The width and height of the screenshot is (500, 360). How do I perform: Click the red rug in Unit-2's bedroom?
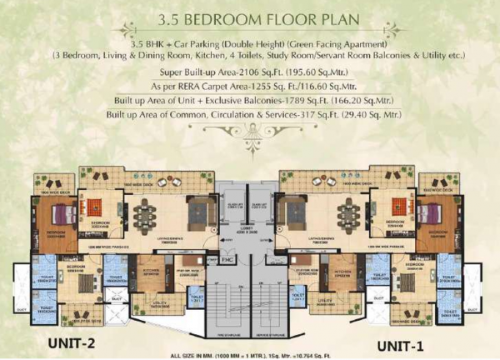pyautogui.click(x=98, y=205)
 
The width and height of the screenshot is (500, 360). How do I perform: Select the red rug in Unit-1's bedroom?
pyautogui.click(x=394, y=205)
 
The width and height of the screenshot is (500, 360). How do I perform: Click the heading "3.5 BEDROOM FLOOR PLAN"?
pyautogui.click(x=249, y=20)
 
